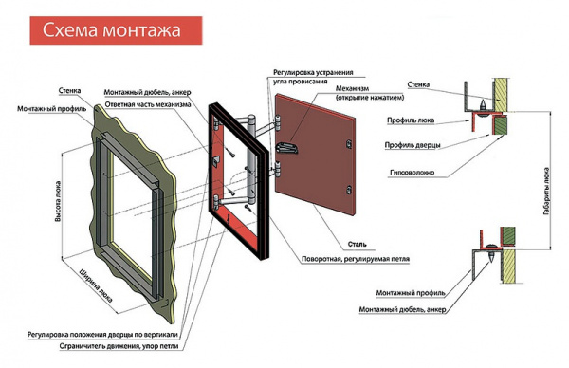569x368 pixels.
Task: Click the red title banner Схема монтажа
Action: (116, 30)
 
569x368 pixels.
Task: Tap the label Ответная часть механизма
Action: (148, 105)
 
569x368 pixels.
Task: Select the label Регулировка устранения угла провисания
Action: (313, 77)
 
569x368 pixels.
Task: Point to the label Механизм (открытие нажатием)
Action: (370, 93)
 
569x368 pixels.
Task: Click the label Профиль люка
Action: (411, 120)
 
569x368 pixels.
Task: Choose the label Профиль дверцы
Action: (413, 145)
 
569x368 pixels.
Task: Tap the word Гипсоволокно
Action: (412, 173)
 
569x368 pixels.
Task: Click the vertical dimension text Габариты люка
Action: (546, 191)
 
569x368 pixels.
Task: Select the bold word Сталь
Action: (358, 245)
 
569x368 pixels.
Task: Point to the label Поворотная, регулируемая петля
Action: (356, 259)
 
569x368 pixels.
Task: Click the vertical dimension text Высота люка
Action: (58, 201)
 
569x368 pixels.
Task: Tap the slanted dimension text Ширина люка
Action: (96, 285)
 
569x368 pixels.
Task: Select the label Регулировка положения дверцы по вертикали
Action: (102, 334)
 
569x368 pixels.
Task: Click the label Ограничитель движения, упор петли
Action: (119, 346)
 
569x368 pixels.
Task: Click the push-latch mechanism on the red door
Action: (287, 147)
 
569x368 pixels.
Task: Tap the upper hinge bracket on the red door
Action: (278, 122)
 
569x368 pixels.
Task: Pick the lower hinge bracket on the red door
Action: (278, 169)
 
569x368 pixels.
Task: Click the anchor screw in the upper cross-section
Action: (483, 106)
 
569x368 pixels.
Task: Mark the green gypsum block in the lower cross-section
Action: (507, 235)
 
